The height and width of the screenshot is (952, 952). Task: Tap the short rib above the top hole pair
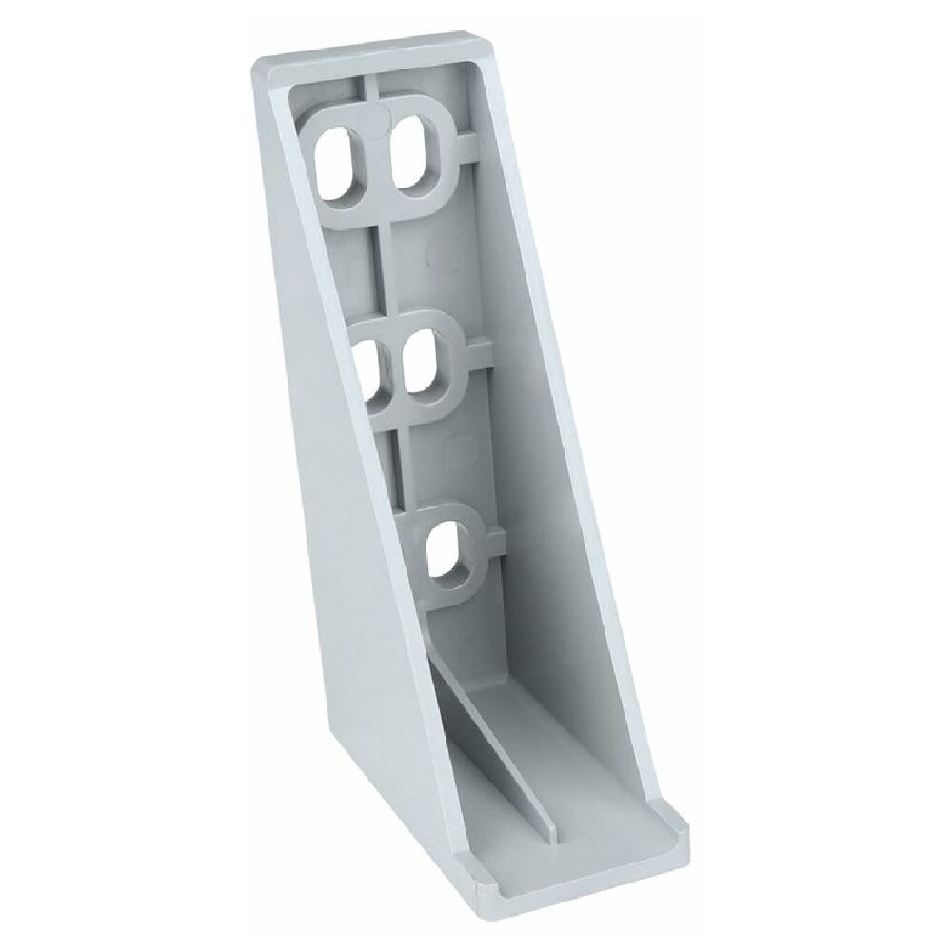click(x=370, y=91)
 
